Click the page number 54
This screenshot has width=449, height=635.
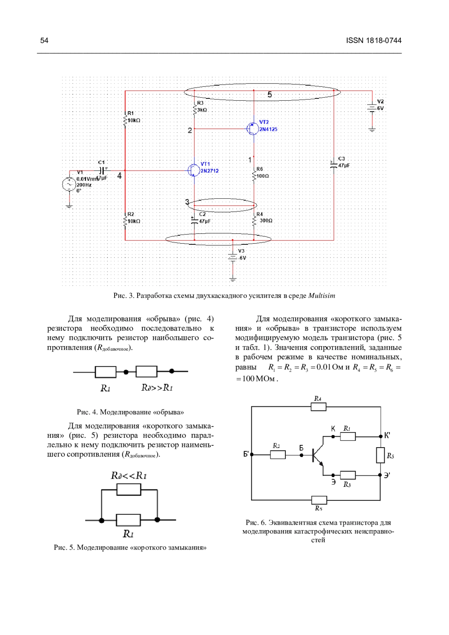tap(44, 40)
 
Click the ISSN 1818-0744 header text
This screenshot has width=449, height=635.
tap(373, 40)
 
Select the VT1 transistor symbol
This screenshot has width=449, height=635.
tap(193, 171)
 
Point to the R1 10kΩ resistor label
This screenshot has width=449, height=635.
tap(134, 117)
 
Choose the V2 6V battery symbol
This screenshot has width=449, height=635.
tap(372, 108)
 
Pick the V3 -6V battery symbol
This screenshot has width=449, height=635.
tap(233, 257)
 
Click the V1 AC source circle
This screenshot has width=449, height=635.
tap(69, 184)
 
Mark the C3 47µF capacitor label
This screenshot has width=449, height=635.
tap(343, 162)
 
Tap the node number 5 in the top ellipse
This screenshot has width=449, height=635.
tap(270, 95)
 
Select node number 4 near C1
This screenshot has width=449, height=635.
tap(119, 175)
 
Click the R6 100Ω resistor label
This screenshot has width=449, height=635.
tap(263, 173)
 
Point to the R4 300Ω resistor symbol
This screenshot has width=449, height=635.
tap(254, 221)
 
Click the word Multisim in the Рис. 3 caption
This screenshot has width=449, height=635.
tap(321, 296)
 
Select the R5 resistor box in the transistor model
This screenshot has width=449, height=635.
tap(380, 455)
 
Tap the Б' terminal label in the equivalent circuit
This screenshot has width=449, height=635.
tap(246, 454)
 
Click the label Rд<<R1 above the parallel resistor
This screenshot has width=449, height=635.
tap(129, 476)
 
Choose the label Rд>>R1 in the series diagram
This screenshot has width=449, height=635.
tap(157, 388)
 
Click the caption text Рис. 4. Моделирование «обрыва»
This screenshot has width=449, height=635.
tap(130, 412)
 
